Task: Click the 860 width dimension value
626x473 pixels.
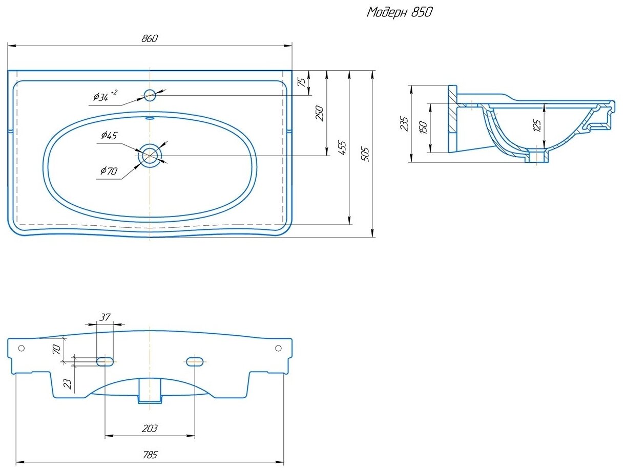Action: tap(150, 39)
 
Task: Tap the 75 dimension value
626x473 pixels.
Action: tap(302, 82)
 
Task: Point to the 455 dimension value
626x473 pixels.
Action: tap(342, 147)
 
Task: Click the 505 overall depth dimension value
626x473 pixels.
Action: tap(364, 154)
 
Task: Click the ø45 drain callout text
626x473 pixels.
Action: tap(109, 135)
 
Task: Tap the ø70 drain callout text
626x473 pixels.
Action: tap(109, 171)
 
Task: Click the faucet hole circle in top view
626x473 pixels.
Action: tap(150, 95)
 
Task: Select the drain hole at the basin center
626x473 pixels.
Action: tap(150, 155)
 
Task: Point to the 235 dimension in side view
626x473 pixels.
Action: tap(404, 124)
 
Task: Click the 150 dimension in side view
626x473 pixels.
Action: tap(423, 128)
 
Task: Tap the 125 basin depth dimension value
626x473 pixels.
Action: tap(536, 125)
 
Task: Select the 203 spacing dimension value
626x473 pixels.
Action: tap(150, 428)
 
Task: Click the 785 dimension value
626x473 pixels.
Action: tap(150, 455)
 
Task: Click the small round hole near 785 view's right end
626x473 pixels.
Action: tap(278, 348)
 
